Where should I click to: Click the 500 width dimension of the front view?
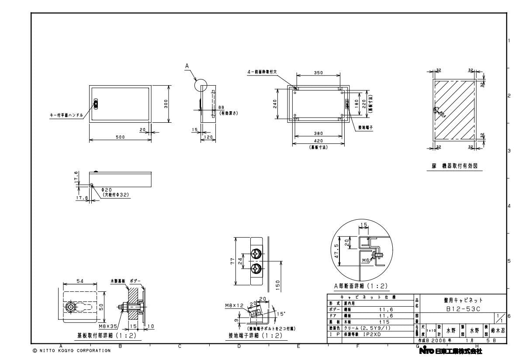(x=120, y=137)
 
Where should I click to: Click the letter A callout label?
(x=187, y=66)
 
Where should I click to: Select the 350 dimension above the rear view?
(x=318, y=73)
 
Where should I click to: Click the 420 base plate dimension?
(x=318, y=141)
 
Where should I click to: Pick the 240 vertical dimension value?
(x=275, y=104)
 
